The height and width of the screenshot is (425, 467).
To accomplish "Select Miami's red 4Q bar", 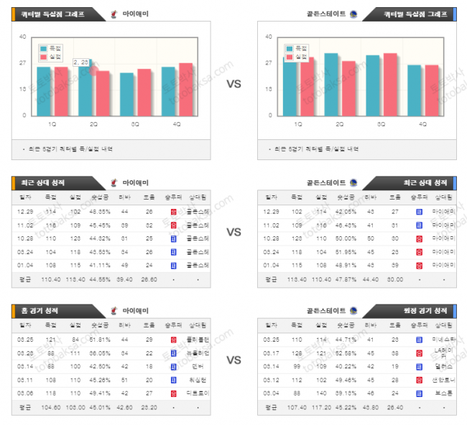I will click(185, 89).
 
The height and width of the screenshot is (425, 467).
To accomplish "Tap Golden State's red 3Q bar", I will click(390, 84).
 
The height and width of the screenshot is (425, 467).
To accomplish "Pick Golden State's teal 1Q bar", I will click(289, 87).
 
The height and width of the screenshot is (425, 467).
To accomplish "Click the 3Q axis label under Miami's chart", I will click(135, 124).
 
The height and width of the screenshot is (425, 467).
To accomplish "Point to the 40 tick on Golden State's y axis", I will click(267, 37).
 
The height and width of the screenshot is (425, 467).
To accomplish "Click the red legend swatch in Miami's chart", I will click(44, 57).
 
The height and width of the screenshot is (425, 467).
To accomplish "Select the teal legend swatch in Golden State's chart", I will click(290, 49).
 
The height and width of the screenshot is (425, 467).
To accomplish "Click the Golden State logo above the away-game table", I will click(353, 310).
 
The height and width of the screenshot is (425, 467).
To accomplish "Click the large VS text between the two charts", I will click(233, 84).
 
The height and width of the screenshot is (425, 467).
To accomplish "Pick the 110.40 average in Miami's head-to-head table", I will click(52, 279).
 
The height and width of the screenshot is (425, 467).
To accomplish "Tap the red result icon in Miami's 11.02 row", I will click(173, 225).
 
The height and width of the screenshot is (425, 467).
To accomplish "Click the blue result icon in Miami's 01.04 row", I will click(173, 265).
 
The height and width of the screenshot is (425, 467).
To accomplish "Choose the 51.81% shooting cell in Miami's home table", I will click(99, 340).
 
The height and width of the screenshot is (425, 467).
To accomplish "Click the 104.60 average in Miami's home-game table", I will click(52, 406).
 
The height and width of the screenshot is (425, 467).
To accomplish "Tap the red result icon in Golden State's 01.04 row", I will click(418, 265).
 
